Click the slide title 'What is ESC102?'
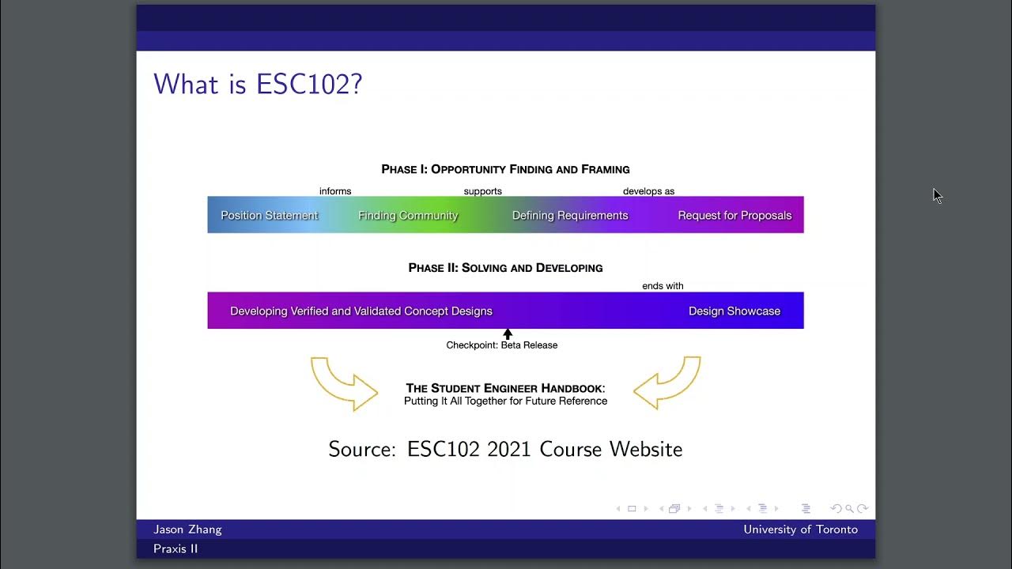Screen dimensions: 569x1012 pos(258,84)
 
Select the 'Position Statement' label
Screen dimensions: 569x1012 pos(269,216)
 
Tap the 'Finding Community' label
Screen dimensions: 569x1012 pos(408,216)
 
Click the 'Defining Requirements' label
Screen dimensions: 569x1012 pos(570,216)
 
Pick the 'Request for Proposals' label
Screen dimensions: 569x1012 pos(734,216)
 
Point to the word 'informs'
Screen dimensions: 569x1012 pos(335,191)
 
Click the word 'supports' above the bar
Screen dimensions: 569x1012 pos(482,191)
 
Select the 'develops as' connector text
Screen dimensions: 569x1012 pos(648,191)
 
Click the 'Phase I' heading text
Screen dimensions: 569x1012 pos(505,169)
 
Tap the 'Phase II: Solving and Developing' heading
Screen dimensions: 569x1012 pos(505,268)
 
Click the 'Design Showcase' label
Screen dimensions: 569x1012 pos(734,311)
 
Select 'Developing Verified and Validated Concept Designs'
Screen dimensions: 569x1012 pos(361,311)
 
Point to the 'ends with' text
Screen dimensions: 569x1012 pos(663,286)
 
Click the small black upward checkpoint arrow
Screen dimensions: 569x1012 pos(508,334)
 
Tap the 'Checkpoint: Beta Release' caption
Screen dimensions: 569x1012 pos(502,345)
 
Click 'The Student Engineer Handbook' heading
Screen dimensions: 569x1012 pos(505,388)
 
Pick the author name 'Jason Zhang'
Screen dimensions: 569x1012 pos(187,529)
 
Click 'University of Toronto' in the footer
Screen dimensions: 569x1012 pos(800,529)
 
